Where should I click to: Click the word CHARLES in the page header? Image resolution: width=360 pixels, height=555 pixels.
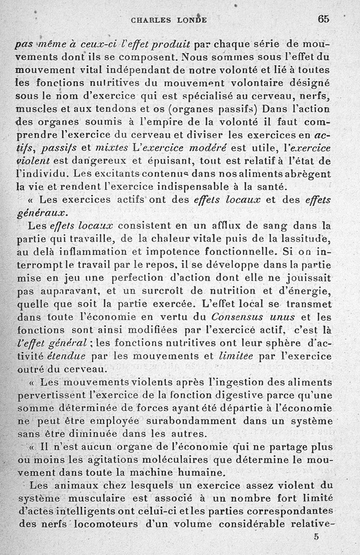coord(150,20)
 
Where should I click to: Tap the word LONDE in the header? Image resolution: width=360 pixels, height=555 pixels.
coord(191,20)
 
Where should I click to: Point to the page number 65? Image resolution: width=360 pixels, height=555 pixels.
coord(323,19)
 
